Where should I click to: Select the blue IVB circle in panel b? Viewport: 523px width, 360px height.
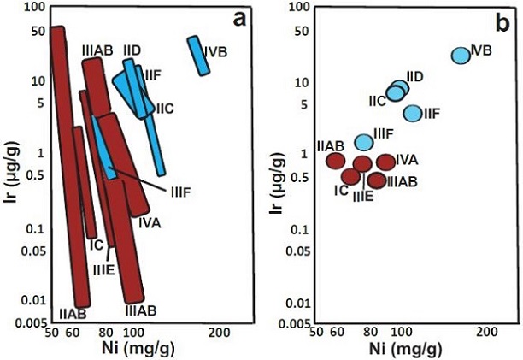[x=461, y=55]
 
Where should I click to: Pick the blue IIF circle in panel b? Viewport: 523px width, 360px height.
[x=412, y=113]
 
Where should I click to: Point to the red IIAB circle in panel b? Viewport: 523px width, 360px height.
[x=335, y=160]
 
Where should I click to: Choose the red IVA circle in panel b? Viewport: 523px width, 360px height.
[x=385, y=162]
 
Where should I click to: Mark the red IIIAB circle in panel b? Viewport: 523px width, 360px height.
[x=378, y=180]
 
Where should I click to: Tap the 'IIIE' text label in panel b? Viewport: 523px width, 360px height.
[x=362, y=196]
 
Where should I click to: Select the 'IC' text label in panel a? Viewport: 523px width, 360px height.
[x=97, y=245]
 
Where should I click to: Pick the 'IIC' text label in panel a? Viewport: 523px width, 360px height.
[x=165, y=109]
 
